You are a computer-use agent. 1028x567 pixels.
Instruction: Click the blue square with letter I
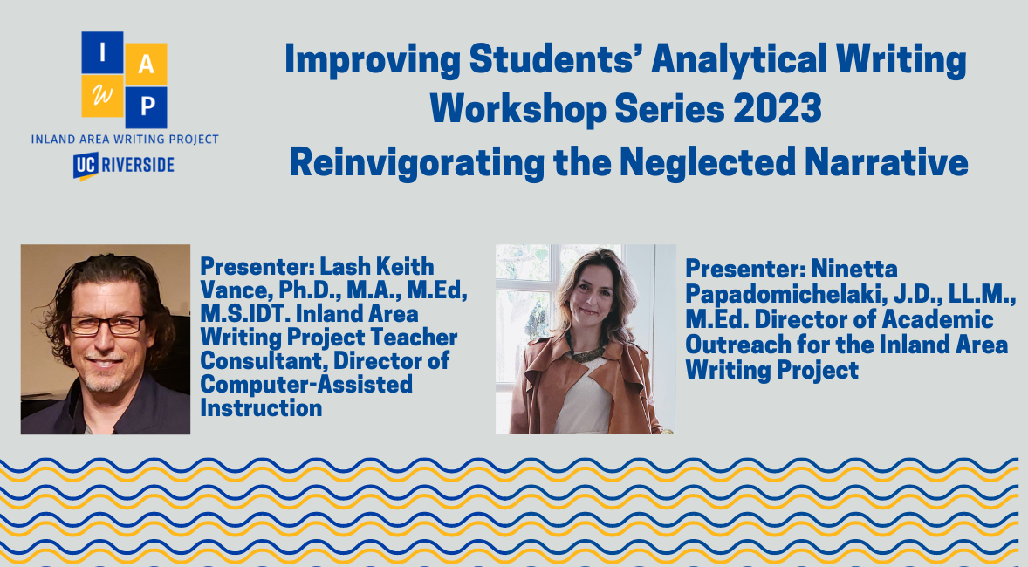102,52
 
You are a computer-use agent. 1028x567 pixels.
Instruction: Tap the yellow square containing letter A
147,64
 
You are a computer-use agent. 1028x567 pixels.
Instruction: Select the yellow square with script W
102,96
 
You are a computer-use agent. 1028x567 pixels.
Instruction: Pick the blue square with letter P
147,107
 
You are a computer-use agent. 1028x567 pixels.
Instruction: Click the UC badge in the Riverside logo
86,167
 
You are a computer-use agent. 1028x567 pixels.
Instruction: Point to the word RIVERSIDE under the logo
137,165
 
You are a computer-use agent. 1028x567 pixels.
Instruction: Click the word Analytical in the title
738,60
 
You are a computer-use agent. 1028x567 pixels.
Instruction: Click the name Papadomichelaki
784,295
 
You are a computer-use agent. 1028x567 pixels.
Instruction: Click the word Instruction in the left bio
261,407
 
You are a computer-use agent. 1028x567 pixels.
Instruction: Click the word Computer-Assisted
306,385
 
